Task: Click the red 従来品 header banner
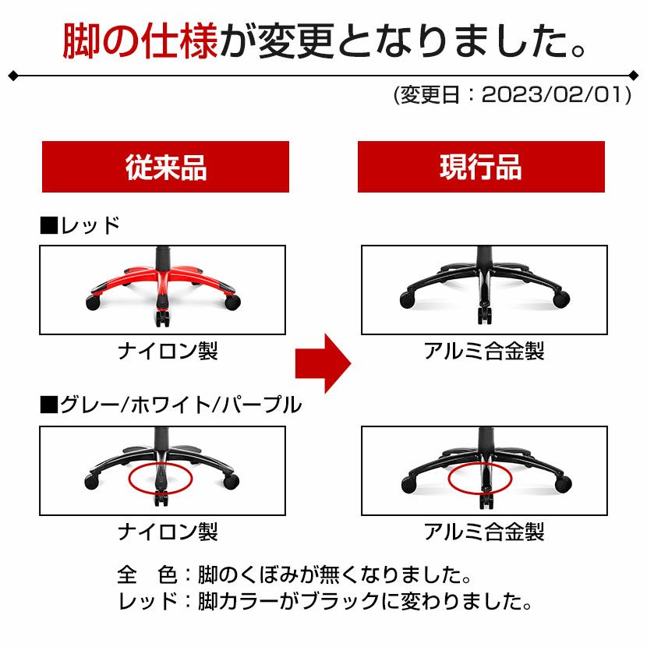pos(165,167)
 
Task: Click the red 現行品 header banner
pos(481,167)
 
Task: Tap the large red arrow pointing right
pos(323,363)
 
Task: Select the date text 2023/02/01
pos(553,95)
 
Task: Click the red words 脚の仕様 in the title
pos(140,41)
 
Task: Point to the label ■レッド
pos(80,226)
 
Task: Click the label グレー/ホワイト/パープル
pos(181,405)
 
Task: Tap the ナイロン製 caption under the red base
pos(168,351)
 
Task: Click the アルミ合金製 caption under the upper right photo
pos(484,351)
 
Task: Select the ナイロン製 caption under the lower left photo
pos(168,532)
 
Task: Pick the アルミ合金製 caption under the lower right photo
pos(484,532)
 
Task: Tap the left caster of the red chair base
pos(93,303)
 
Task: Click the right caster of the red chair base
pos(232,302)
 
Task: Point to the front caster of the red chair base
pos(163,318)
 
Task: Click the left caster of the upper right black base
pos(408,299)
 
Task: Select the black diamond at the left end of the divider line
pos(12,76)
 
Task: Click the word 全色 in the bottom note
pos(147,575)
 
